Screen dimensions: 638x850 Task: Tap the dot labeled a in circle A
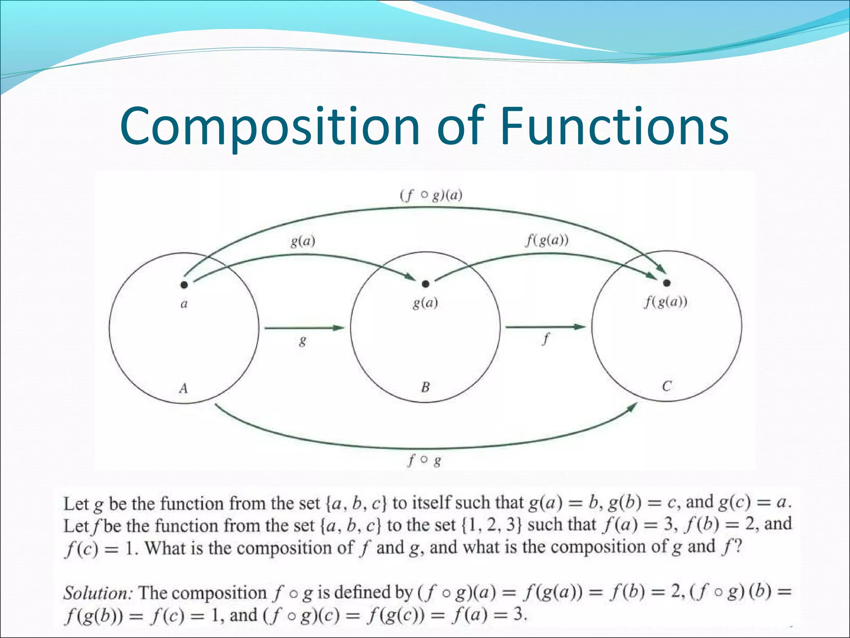[184, 285]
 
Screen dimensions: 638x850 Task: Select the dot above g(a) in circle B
[425, 284]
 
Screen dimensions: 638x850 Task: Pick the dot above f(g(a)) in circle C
[667, 283]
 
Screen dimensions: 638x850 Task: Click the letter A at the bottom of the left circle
[183, 388]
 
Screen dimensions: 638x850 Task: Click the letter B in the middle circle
[425, 388]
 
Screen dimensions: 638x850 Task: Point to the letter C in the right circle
[667, 387]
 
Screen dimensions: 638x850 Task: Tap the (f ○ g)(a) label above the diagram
[431, 195]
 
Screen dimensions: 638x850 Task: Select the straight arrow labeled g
[304, 328]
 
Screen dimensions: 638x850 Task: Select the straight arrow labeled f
[545, 327]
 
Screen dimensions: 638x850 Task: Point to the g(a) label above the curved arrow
[303, 241]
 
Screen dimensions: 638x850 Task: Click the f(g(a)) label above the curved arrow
[547, 240]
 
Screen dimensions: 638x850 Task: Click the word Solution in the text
[97, 593]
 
